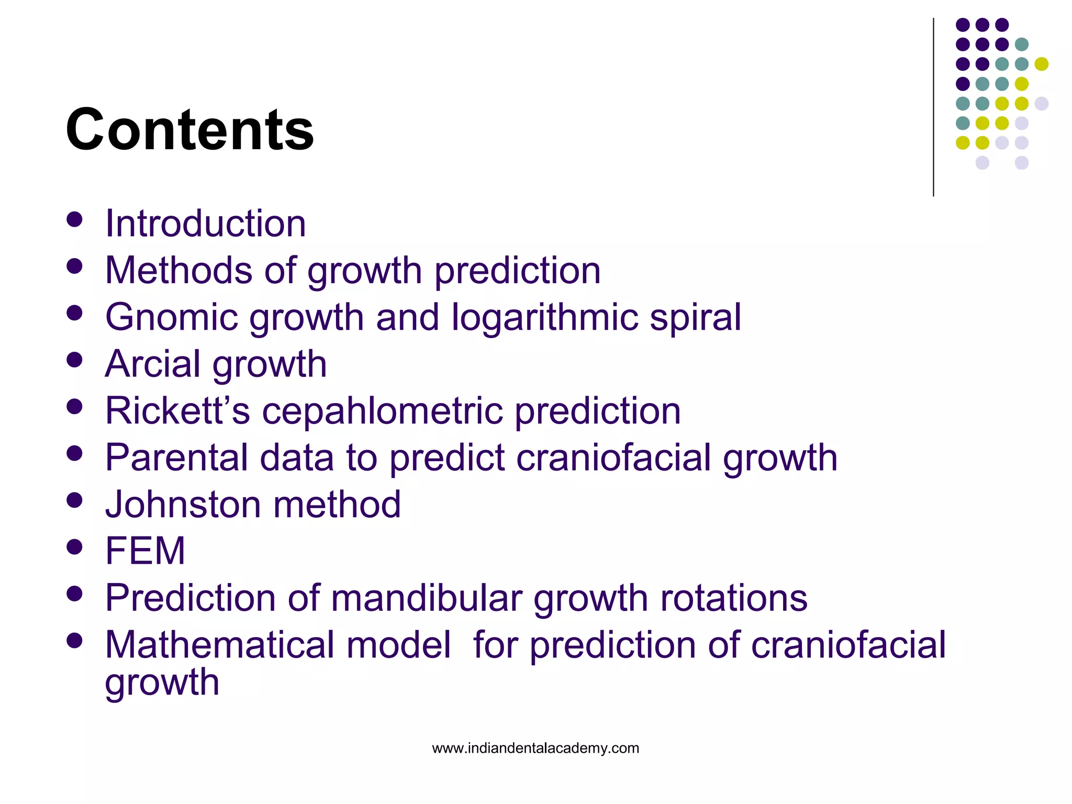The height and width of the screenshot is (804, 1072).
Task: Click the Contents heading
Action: (x=189, y=129)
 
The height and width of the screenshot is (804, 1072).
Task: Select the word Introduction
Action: (x=205, y=224)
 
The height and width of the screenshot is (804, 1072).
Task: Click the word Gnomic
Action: (x=171, y=318)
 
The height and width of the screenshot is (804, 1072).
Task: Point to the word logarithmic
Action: (x=544, y=317)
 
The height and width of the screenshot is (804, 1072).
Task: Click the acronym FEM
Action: (x=145, y=551)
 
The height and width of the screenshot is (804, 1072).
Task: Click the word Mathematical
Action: (x=277, y=644)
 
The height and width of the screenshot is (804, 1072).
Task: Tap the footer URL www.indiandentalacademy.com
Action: (x=535, y=748)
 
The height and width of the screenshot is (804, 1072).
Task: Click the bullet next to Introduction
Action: (x=75, y=219)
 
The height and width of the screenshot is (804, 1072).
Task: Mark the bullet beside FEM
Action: (x=75, y=547)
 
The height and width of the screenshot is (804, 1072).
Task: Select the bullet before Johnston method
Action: (x=75, y=500)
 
